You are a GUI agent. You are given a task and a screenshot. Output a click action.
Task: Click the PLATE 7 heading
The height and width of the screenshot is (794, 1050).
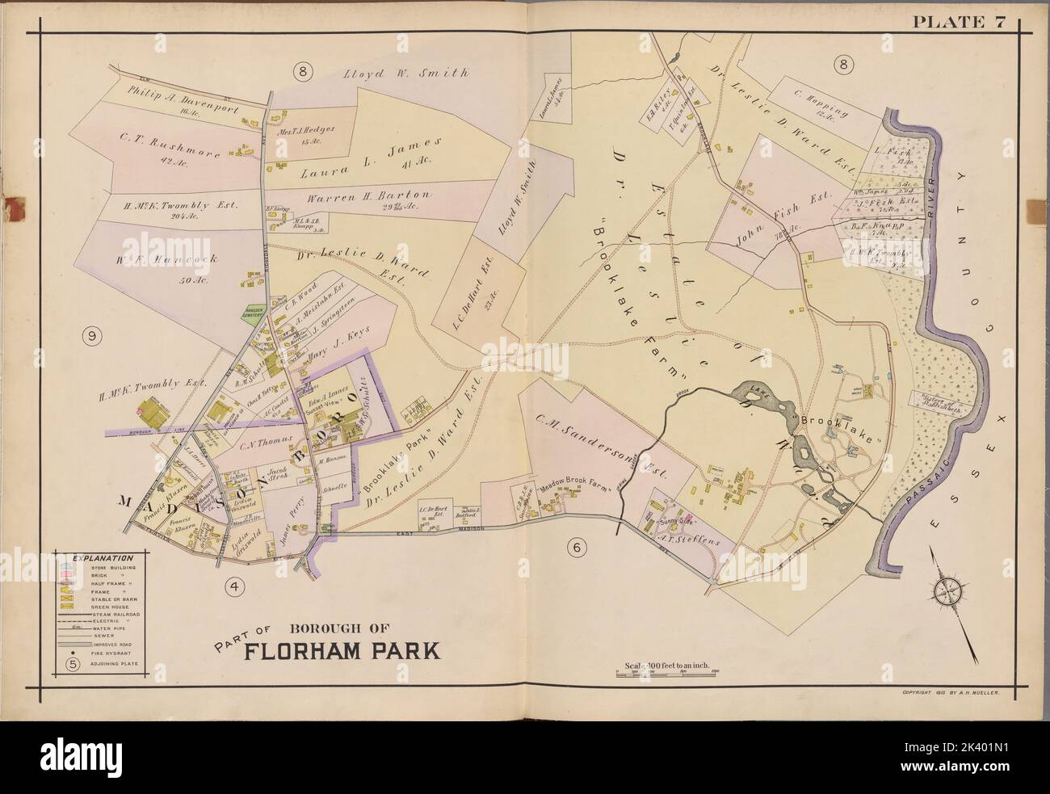pos(959,23)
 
